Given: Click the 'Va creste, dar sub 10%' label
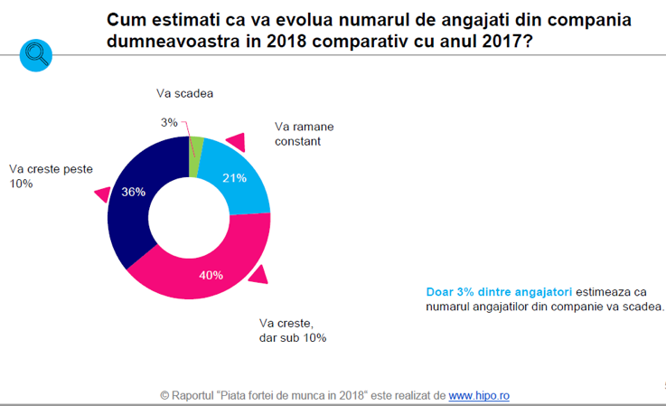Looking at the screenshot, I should point(292,330).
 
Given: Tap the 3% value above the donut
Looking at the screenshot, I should point(170,122).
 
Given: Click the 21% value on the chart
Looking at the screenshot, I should point(234,178).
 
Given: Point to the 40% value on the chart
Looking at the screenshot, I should point(211,275).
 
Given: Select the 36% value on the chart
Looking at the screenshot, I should point(133,192).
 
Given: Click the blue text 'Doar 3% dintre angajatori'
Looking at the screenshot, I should point(498,291).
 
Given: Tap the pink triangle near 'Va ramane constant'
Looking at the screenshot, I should point(237,141).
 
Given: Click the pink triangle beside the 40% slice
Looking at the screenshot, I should point(258,275).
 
